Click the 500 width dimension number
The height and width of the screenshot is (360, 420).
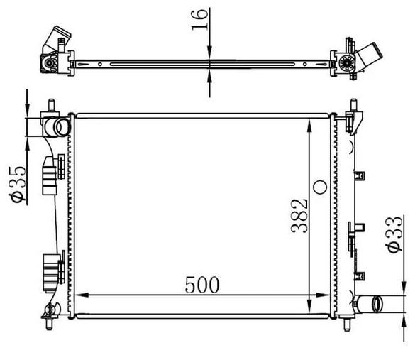[202, 285]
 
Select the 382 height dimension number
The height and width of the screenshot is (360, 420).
[299, 216]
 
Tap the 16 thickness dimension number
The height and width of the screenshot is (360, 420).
[200, 20]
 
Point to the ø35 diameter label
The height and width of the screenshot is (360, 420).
[18, 184]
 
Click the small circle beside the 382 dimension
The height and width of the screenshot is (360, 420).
[320, 187]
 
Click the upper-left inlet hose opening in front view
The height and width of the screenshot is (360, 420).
[62, 127]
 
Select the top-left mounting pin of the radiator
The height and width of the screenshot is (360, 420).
[51, 105]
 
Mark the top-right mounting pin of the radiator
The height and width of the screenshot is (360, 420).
[354, 105]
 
